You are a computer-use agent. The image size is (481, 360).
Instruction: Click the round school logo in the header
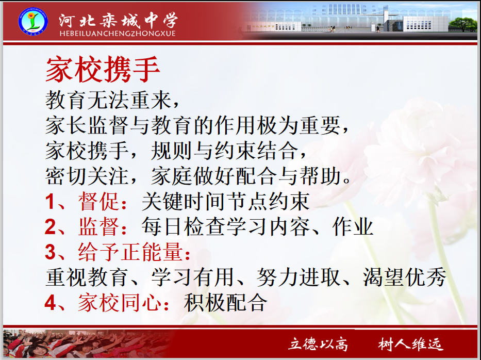[x=33, y=21]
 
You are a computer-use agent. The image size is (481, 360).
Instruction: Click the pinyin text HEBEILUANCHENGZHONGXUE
[x=118, y=33]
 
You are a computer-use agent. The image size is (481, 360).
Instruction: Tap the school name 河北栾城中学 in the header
[x=118, y=20]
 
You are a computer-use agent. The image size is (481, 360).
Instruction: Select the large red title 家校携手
[x=103, y=69]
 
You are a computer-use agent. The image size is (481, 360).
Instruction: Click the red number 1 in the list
[x=49, y=202]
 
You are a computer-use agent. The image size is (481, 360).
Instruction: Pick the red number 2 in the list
[x=50, y=227]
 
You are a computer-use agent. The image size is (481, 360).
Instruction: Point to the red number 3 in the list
[x=50, y=252]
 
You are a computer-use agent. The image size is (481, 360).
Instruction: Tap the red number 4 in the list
[x=50, y=302]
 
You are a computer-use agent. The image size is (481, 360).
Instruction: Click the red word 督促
[x=99, y=202]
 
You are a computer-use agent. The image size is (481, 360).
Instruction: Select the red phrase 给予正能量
[x=130, y=252]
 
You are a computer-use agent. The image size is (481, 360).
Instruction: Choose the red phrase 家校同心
[x=120, y=302]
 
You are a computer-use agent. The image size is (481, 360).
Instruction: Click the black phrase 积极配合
[x=226, y=302]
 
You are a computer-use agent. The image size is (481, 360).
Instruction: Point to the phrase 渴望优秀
[x=405, y=277]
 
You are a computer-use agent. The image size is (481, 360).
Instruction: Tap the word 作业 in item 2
[x=353, y=227]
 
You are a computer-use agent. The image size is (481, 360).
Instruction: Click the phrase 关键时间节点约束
[x=225, y=202]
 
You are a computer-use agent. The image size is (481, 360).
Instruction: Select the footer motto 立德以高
[x=318, y=343]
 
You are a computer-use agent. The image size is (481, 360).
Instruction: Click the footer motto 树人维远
[x=410, y=343]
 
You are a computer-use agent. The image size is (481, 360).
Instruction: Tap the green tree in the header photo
[x=463, y=24]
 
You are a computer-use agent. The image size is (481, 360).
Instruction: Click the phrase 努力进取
[x=298, y=277]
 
